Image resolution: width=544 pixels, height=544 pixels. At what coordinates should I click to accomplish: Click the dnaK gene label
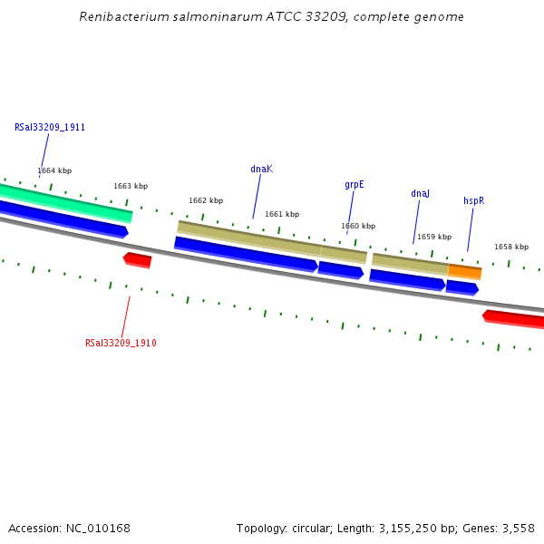pyautogui.click(x=261, y=169)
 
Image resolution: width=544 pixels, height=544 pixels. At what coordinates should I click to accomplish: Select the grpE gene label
pyautogui.click(x=354, y=184)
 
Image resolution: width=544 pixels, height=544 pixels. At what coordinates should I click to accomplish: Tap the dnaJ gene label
pyautogui.click(x=420, y=193)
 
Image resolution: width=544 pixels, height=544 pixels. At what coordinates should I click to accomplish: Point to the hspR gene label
pyautogui.click(x=473, y=200)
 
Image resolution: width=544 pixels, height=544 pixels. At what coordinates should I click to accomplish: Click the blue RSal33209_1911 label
pyautogui.click(x=50, y=127)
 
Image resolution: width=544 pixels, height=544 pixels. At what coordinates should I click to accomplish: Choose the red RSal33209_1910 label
pyautogui.click(x=121, y=343)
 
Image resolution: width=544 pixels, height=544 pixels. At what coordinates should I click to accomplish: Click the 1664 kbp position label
pyautogui.click(x=54, y=170)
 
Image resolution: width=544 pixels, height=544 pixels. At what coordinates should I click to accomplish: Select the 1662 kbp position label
pyautogui.click(x=206, y=200)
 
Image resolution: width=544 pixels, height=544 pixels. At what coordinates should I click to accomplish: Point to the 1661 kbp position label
pyautogui.click(x=282, y=214)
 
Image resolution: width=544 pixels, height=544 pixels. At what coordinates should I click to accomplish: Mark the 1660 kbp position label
pyautogui.click(x=358, y=226)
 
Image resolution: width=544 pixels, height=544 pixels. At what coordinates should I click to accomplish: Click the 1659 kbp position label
pyautogui.click(x=434, y=237)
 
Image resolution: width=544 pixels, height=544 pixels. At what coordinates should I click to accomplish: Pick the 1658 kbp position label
pyautogui.click(x=511, y=247)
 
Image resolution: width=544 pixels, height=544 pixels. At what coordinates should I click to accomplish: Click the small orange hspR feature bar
pyautogui.click(x=464, y=271)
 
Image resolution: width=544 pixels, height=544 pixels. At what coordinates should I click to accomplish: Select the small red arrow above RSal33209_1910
pyautogui.click(x=138, y=260)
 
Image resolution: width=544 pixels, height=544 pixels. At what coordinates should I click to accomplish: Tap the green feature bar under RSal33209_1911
pyautogui.click(x=63, y=202)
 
